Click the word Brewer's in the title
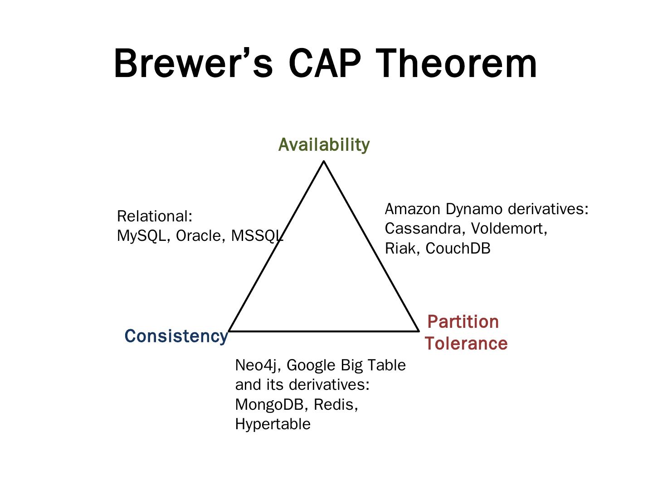pyautogui.click(x=193, y=63)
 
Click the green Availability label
pyautogui.click(x=324, y=145)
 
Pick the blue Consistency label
pyautogui.click(x=176, y=336)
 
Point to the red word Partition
pyautogui.click(x=463, y=322)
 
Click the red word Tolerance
pyautogui.click(x=466, y=344)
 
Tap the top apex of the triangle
pyautogui.click(x=324, y=162)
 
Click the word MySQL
pyautogui.click(x=141, y=236)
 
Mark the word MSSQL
pyautogui.click(x=257, y=236)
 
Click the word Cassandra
pyautogui.click(x=423, y=229)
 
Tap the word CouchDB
pyautogui.click(x=458, y=249)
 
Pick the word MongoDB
pyautogui.click(x=269, y=404)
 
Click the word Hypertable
pyautogui.click(x=273, y=424)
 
